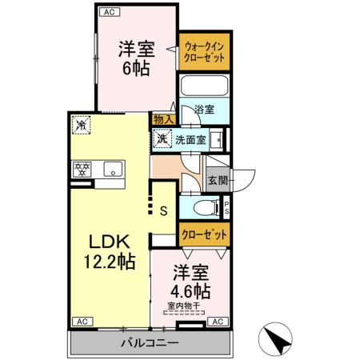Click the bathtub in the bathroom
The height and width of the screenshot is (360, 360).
pyautogui.click(x=205, y=86)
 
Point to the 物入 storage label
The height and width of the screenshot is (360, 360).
pyautogui.click(x=162, y=118)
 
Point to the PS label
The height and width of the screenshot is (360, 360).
pyautogui.click(x=227, y=207)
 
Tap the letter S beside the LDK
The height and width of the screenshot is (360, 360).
pyautogui.click(x=163, y=211)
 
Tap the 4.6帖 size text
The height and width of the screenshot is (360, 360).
pyautogui.click(x=190, y=290)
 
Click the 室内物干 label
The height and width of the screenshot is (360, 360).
pyautogui.click(x=185, y=305)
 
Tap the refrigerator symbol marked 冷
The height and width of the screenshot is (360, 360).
pyautogui.click(x=81, y=125)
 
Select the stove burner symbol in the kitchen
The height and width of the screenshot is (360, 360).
pyautogui.click(x=82, y=168)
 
